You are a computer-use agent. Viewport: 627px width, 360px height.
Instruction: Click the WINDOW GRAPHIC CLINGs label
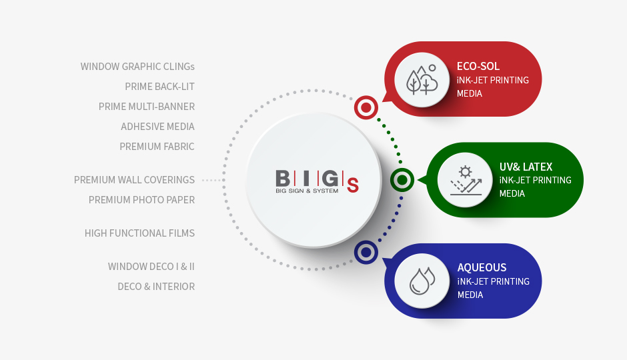point(137,66)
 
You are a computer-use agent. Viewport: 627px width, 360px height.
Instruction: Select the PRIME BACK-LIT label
point(159,86)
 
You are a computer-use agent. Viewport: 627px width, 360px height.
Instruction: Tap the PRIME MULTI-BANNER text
point(147,106)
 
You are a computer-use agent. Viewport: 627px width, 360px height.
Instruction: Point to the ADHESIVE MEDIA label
point(157,126)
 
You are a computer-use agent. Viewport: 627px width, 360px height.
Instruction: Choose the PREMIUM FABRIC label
point(157,146)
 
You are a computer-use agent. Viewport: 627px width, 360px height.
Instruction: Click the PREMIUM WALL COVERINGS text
point(134,180)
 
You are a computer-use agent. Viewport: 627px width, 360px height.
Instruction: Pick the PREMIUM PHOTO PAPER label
point(141,200)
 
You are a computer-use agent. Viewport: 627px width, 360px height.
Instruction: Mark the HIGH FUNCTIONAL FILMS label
point(139,233)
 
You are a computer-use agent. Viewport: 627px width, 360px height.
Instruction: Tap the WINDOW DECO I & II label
point(151,266)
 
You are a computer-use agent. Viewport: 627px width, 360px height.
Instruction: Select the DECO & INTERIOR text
point(156,286)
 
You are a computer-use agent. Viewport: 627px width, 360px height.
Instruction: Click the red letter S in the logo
point(353,185)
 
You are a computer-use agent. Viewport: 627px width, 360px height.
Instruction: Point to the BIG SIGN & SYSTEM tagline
point(307,191)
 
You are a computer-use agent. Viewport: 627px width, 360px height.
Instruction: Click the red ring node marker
point(366,107)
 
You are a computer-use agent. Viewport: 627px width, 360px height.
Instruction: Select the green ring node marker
point(402,180)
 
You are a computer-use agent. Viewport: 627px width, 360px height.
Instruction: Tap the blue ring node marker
point(366,253)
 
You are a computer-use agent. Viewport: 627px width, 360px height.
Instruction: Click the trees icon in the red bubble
point(422,79)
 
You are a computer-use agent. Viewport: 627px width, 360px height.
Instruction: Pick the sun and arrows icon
point(466,180)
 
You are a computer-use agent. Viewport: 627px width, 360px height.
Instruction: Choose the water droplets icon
point(422,281)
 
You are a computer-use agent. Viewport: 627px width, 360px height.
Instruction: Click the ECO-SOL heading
point(478,66)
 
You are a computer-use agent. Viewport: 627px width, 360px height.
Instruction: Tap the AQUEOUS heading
point(482,268)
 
